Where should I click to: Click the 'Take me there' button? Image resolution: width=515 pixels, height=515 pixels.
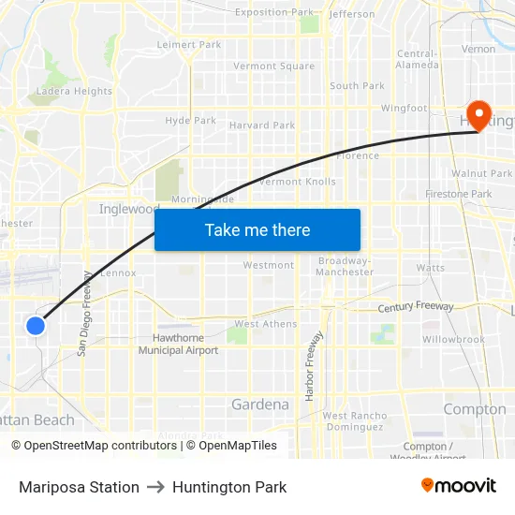257,229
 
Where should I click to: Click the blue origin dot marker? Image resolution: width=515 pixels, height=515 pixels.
35,326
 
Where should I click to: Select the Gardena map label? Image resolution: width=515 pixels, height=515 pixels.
259,405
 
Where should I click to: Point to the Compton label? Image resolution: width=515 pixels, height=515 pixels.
474,409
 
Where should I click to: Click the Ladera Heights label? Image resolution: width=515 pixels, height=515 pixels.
74,92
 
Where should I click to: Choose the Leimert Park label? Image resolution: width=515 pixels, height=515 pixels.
189,44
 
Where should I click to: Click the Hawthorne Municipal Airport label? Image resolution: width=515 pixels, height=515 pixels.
178,345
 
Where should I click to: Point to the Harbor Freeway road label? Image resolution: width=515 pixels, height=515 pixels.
312,365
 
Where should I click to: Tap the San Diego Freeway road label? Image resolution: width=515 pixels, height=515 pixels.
84,314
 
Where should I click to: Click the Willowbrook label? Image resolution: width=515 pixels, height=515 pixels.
453,339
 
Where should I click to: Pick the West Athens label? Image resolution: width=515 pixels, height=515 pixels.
265,324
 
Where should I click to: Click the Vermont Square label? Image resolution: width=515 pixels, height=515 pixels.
273,66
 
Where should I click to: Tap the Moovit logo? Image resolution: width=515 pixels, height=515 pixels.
459,486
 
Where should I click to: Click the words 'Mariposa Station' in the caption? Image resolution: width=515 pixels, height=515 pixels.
79,487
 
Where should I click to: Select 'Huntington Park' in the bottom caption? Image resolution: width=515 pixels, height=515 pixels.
229,487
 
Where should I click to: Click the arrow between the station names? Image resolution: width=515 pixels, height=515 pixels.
155,487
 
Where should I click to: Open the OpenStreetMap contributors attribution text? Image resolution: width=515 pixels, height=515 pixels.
96,446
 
